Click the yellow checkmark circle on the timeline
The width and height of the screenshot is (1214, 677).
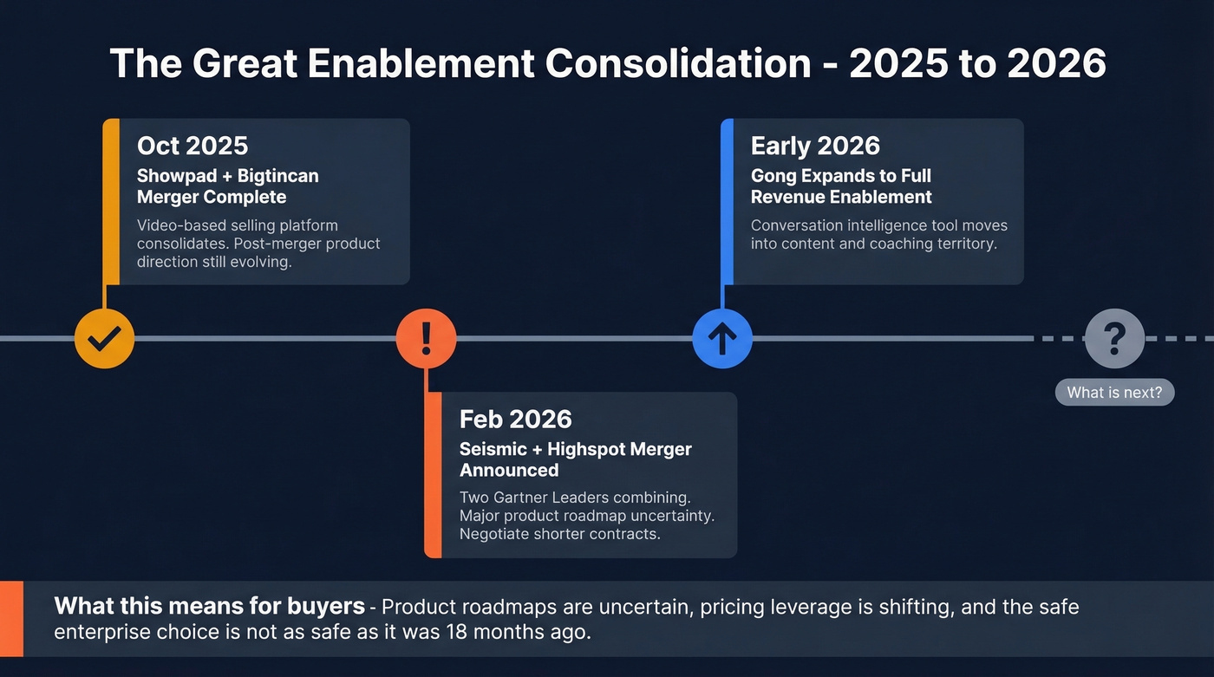[x=104, y=338]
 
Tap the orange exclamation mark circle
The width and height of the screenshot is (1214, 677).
[x=426, y=338]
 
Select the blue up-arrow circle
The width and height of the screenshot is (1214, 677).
[x=722, y=338]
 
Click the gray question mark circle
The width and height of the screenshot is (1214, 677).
[x=1114, y=338]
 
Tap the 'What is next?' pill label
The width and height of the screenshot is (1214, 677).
[x=1114, y=393]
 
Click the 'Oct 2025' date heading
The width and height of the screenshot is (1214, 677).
[x=193, y=146]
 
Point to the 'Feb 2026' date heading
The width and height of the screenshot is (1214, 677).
[x=515, y=420]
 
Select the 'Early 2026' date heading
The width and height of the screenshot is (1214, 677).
[x=815, y=146]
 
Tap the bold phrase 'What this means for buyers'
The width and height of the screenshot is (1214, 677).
[x=209, y=606]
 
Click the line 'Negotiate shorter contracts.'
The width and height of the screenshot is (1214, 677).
[x=558, y=534]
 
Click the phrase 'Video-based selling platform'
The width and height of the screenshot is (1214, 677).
[x=237, y=225]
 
